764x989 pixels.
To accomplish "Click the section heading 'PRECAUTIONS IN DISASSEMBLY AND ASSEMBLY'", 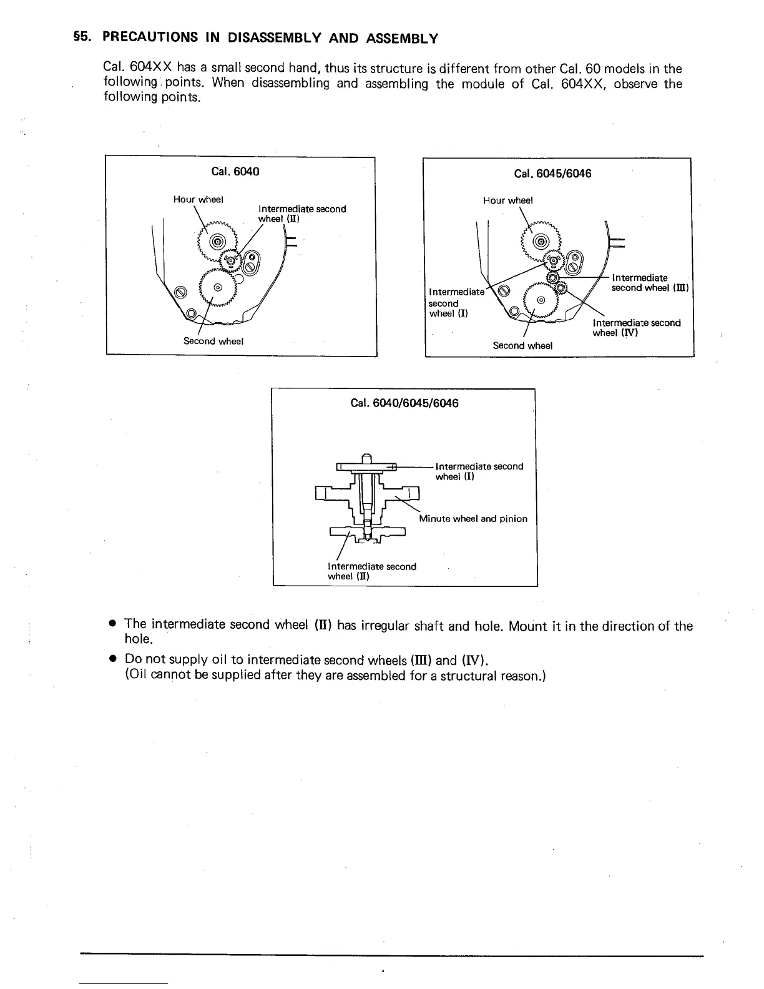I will pyautogui.click(x=270, y=38).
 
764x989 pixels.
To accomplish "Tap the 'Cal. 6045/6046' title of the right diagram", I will pyautogui.click(x=552, y=174).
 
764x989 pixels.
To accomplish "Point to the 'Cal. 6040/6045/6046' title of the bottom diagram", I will pyautogui.click(x=404, y=403).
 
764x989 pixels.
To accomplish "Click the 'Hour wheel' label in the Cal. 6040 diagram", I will pyautogui.click(x=198, y=199).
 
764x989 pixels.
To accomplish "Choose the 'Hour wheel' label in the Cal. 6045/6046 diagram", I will pyautogui.click(x=507, y=200).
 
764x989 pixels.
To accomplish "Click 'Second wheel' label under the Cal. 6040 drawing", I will pyautogui.click(x=213, y=341).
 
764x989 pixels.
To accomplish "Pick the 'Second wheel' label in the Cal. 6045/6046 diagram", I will pyautogui.click(x=522, y=345).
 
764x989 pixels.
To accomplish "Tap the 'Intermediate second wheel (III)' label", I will pyautogui.click(x=649, y=283).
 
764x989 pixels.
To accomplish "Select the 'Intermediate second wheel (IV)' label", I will pyautogui.click(x=636, y=328).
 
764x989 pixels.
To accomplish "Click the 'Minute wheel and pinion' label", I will pyautogui.click(x=473, y=519).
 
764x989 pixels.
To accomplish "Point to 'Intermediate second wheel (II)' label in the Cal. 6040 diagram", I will pyautogui.click(x=301, y=214).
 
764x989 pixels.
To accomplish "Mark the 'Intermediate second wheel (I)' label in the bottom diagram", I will pyautogui.click(x=479, y=471).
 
